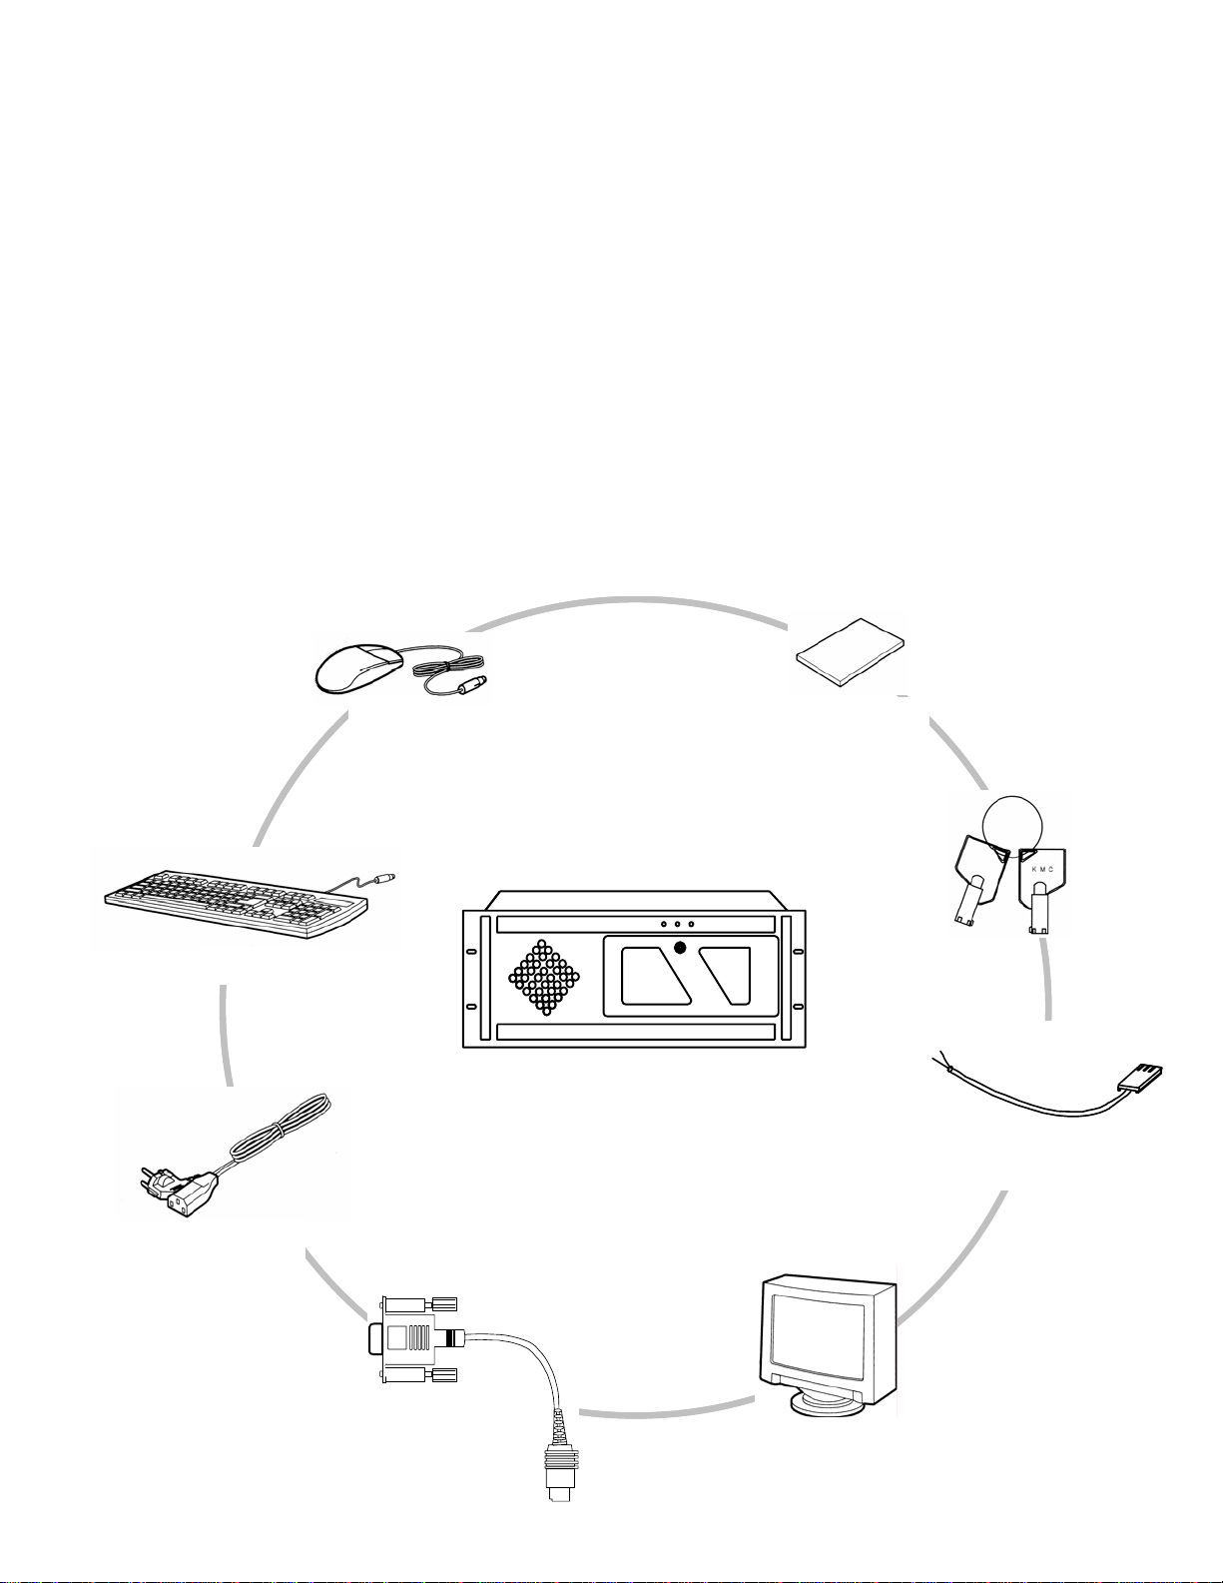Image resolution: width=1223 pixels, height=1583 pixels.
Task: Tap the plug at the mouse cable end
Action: point(470,683)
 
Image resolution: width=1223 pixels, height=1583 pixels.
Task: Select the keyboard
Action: point(237,903)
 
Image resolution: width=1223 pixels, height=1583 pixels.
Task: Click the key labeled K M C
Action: point(1041,890)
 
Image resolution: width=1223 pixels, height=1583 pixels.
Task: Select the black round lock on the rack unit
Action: point(680,948)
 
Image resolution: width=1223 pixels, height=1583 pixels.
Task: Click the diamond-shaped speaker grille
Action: point(544,977)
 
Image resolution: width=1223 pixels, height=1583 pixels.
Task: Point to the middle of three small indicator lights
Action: point(677,925)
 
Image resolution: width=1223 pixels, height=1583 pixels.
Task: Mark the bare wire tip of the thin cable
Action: point(938,1055)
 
